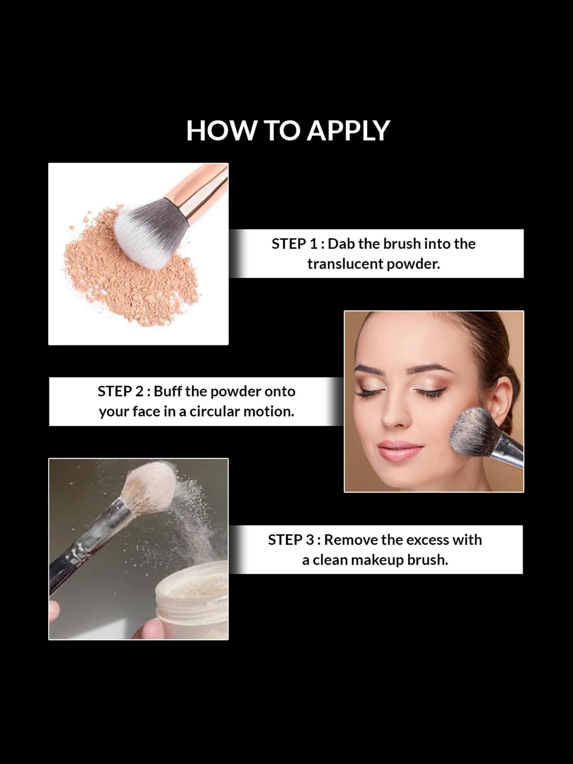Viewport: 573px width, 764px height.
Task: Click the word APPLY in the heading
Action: pos(348,131)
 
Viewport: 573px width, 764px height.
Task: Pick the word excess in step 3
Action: pos(426,540)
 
